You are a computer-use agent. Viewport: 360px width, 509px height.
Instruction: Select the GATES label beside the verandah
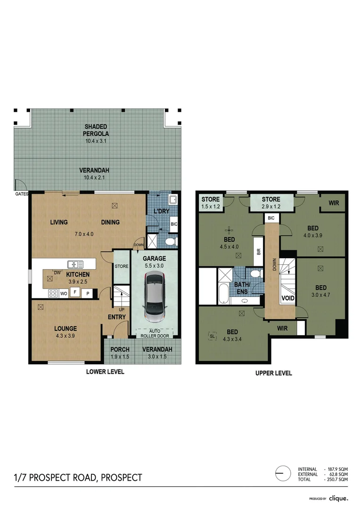pyautogui.click(x=22, y=194)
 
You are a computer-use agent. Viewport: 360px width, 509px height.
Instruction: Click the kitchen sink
pyautogui.click(x=75, y=264)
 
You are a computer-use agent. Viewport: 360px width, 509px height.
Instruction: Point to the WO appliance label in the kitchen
pyautogui.click(x=64, y=293)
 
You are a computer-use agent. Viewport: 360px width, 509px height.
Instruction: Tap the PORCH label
pyautogui.click(x=120, y=349)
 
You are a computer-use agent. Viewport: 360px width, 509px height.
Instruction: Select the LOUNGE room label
pyautogui.click(x=65, y=328)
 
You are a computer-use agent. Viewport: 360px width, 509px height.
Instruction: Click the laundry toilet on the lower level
pyautogui.click(x=171, y=242)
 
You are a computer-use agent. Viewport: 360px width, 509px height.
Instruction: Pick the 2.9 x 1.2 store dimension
pyautogui.click(x=271, y=206)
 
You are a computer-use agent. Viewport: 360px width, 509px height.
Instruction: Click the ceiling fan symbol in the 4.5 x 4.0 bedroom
pyautogui.click(x=229, y=230)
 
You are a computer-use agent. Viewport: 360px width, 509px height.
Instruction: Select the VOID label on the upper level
pyautogui.click(x=287, y=298)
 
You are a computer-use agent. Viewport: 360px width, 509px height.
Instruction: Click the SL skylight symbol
pyautogui.click(x=212, y=336)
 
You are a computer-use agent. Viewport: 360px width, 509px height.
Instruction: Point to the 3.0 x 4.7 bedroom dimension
pyautogui.click(x=321, y=295)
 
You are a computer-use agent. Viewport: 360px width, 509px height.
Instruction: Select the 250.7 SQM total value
pyautogui.click(x=337, y=479)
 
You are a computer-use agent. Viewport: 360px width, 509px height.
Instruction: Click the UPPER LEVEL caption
pyautogui.click(x=273, y=373)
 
